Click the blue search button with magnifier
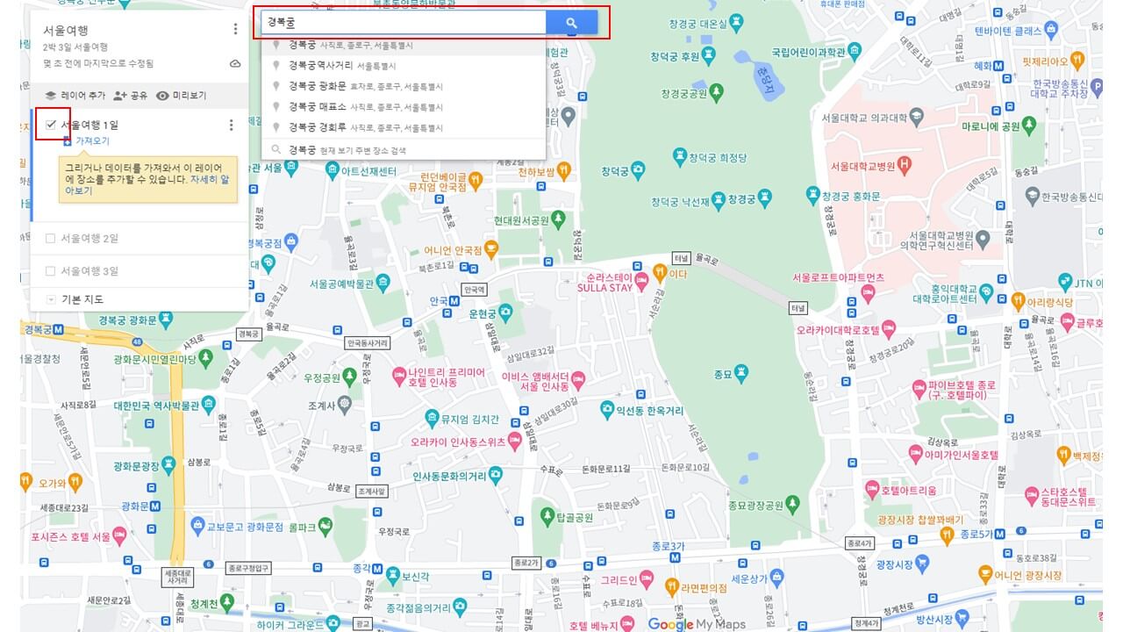(x=571, y=23)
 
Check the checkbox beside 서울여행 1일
(x=51, y=125)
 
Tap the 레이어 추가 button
(x=75, y=95)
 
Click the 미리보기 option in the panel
(x=182, y=95)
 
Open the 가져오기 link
(x=91, y=140)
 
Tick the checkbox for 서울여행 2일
(x=50, y=238)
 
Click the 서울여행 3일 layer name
(x=89, y=271)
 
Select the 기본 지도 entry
(x=82, y=299)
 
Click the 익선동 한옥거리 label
(x=654, y=409)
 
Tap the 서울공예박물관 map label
(x=341, y=284)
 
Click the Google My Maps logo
(x=697, y=624)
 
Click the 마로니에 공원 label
(x=990, y=126)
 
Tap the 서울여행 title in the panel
(x=66, y=30)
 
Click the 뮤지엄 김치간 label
(x=469, y=420)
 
